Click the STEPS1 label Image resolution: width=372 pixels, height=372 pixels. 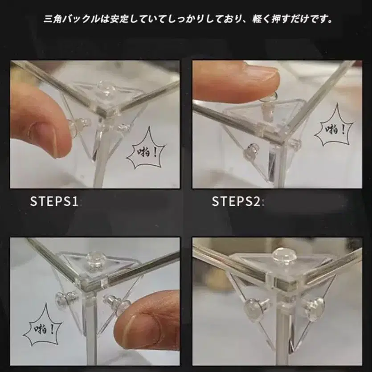click(54, 201)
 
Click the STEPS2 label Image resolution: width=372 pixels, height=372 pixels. click(236, 201)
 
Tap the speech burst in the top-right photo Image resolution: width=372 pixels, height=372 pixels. click(334, 128)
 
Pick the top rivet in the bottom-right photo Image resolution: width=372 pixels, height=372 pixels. click(282, 257)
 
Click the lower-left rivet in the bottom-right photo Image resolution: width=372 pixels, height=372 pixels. click(256, 308)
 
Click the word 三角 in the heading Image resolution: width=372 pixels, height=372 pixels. click(53, 19)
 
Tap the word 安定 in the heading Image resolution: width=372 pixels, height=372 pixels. click(119, 19)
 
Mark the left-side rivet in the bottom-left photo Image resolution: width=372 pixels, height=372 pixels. click(63, 298)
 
